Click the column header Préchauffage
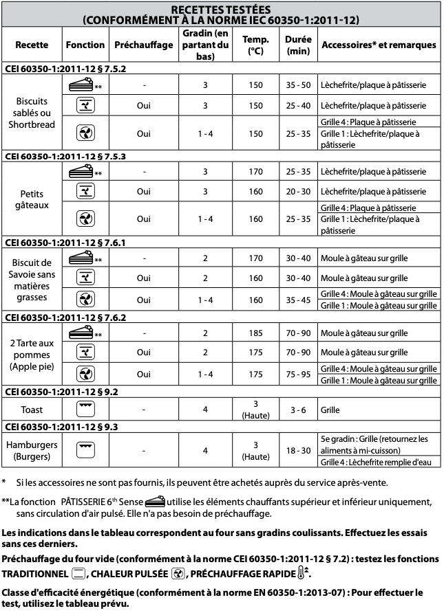click(x=143, y=45)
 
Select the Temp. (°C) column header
click(x=255, y=45)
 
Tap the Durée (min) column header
click(x=297, y=45)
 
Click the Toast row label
click(x=32, y=410)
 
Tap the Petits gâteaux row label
click(x=32, y=198)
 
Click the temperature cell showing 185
click(x=255, y=333)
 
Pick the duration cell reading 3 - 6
click(x=297, y=410)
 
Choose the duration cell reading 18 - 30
click(x=297, y=450)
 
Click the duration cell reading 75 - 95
click(x=297, y=374)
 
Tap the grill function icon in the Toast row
click(x=85, y=409)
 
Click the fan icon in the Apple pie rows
click(x=85, y=374)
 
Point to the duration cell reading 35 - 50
click(x=297, y=85)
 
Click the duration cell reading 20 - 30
click(x=297, y=191)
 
